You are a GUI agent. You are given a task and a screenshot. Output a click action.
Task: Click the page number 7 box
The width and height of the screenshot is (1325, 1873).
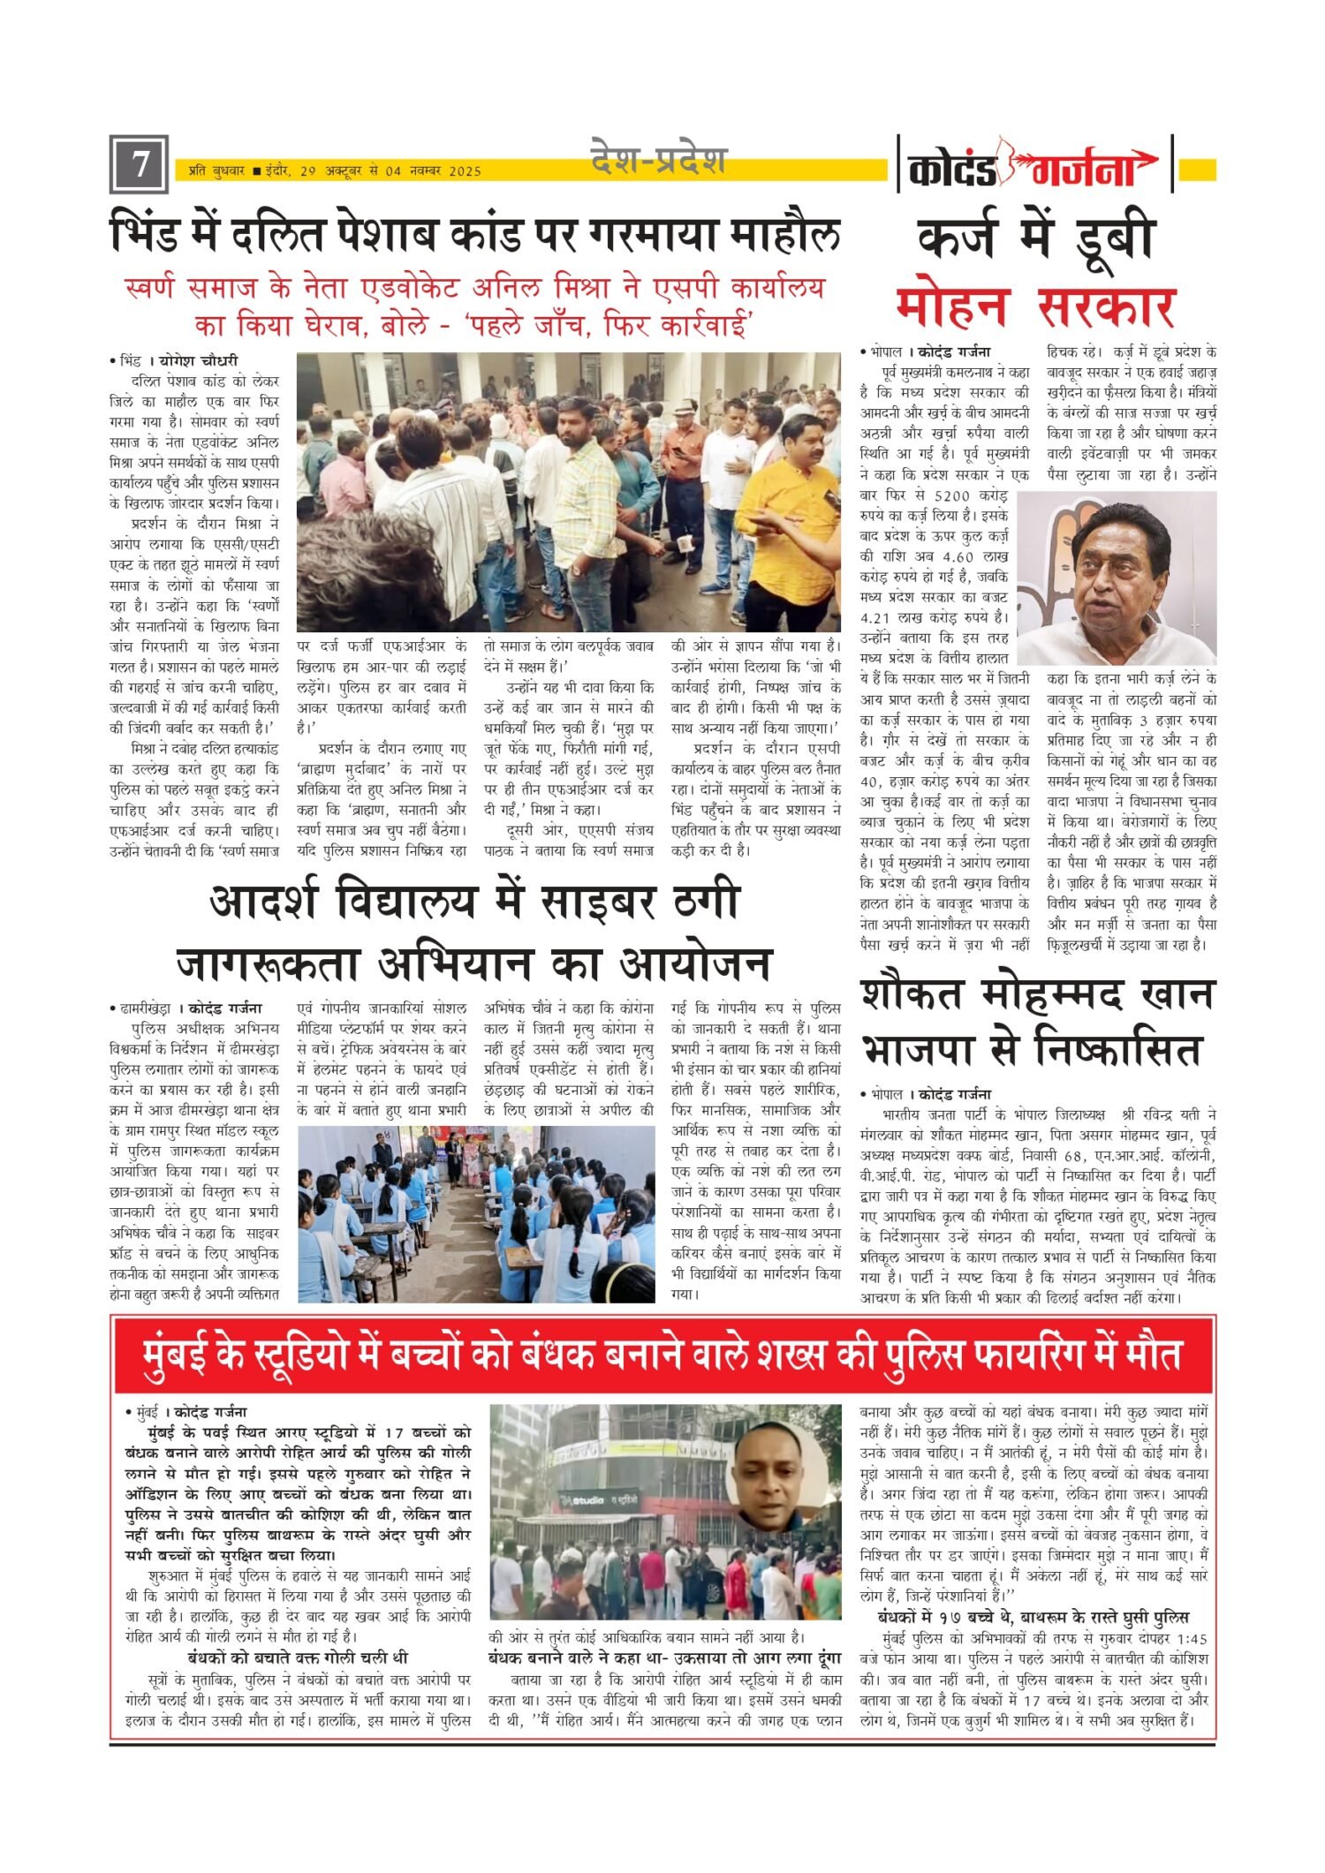(x=139, y=164)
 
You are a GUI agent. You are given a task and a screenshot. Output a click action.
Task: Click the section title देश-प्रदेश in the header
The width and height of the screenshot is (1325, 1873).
(x=658, y=161)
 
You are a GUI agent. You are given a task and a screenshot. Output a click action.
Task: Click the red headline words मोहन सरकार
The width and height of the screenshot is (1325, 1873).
(x=1035, y=307)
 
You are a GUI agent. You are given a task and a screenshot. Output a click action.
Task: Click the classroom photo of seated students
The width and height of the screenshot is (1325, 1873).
(x=476, y=1213)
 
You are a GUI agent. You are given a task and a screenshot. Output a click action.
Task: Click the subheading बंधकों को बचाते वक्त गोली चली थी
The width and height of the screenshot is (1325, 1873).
(x=298, y=1658)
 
